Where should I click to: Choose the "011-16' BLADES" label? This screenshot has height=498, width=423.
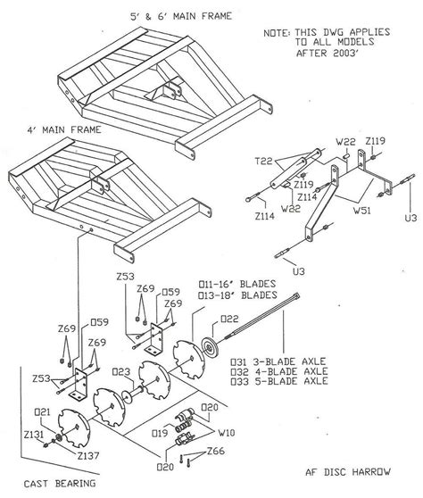tap(237, 285)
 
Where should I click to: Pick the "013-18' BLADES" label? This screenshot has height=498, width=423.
tap(237, 295)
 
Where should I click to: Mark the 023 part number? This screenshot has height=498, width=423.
tap(123, 372)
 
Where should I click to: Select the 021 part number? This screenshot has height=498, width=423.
tap(42, 411)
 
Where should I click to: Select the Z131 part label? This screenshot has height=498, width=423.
tap(35, 434)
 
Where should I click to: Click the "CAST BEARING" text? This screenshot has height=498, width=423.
tap(36, 483)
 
